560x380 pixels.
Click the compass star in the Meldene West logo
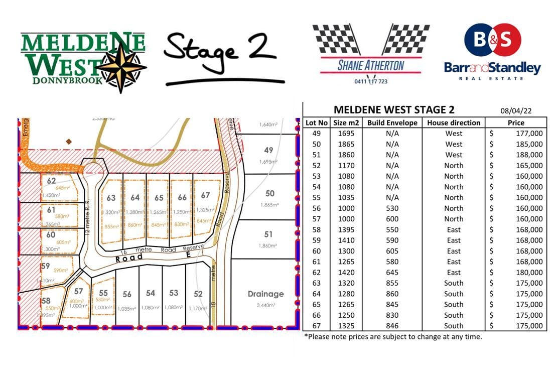point(122,67)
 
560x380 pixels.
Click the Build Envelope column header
point(392,122)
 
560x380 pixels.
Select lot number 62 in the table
point(316,272)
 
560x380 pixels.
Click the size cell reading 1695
point(346,133)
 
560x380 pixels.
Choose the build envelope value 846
point(392,326)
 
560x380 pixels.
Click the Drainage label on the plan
point(265,294)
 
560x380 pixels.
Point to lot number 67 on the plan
point(205,196)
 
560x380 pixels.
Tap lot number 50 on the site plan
point(270,194)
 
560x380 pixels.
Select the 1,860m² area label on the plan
point(268,245)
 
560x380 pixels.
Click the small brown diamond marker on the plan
point(69,142)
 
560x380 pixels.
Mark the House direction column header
point(454,122)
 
